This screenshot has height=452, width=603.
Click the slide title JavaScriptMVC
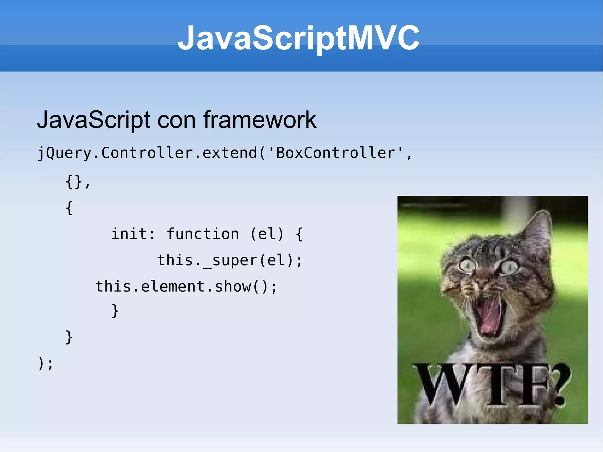[x=299, y=38]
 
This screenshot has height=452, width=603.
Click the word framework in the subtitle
[x=260, y=120]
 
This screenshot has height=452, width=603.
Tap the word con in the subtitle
[x=176, y=120]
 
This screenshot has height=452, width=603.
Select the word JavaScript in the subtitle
[x=94, y=120]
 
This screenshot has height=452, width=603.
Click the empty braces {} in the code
[x=74, y=182]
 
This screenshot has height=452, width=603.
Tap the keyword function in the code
[x=203, y=234]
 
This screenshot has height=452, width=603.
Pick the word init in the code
[x=129, y=234]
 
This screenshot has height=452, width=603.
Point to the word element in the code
[x=173, y=287]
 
